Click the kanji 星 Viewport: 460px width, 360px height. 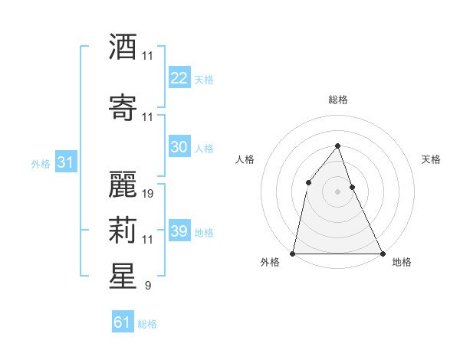tap(123, 277)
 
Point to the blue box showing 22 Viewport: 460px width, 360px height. tap(179, 77)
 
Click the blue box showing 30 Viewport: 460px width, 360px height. tap(179, 147)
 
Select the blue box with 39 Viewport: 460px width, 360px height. tap(179, 231)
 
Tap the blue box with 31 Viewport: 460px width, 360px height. tap(65, 162)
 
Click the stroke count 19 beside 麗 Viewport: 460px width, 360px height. tap(149, 194)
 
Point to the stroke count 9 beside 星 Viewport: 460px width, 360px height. tap(148, 286)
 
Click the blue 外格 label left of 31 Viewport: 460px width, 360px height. tap(41, 164)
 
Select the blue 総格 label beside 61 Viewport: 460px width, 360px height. tap(147, 324)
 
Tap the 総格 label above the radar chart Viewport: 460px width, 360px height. tap(337, 100)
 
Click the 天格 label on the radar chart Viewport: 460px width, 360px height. tap(432, 159)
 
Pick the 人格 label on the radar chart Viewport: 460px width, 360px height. tap(245, 159)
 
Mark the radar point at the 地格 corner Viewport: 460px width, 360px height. tap(382, 253)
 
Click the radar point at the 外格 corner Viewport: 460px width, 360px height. tap(293, 253)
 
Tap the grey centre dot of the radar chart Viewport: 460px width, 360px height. tap(337, 191)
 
